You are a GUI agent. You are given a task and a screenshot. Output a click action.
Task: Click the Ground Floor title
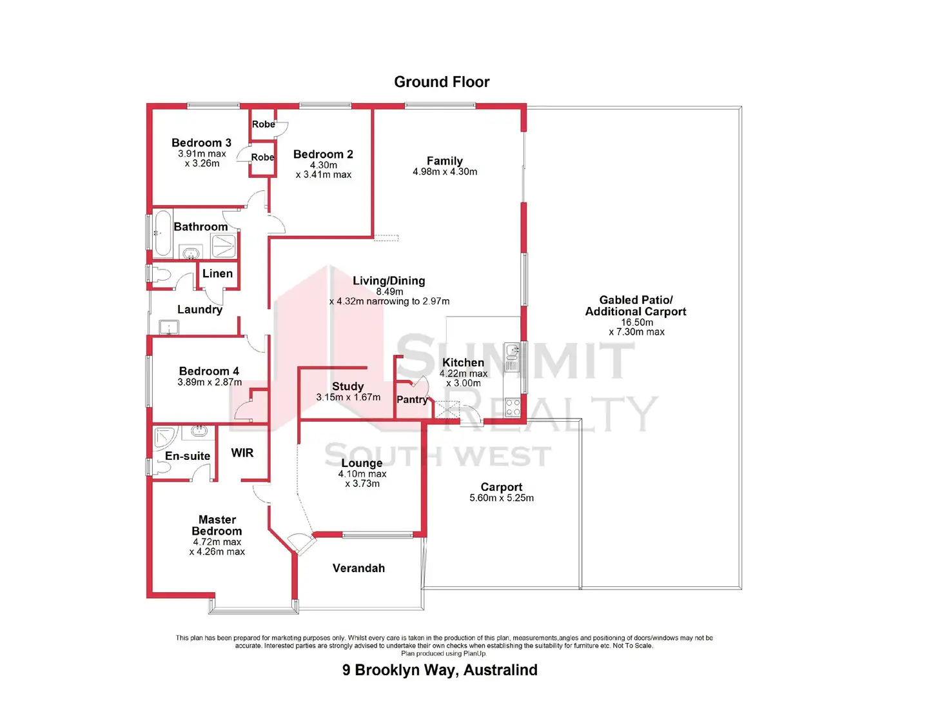[x=442, y=82]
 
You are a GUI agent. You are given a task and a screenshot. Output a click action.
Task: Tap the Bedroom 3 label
[x=201, y=143]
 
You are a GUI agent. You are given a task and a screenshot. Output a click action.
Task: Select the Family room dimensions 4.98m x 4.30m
[x=445, y=172]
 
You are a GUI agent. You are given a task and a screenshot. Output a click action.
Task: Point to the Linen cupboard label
[x=217, y=273]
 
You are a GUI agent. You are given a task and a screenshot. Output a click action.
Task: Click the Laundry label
[x=200, y=310]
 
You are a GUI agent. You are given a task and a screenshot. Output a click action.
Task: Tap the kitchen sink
[x=513, y=352]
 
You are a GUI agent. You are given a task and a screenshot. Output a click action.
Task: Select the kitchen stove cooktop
[x=513, y=407]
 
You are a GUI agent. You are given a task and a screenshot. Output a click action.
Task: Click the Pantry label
[x=412, y=400]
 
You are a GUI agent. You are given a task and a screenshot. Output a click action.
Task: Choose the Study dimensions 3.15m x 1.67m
[x=348, y=397]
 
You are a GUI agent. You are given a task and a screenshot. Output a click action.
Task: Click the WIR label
[x=242, y=453]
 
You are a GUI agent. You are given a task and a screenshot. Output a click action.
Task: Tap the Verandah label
[x=358, y=568]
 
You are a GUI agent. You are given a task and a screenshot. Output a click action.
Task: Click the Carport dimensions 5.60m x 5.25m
[x=502, y=498]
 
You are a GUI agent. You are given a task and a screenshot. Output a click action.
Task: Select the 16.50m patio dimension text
[x=636, y=322]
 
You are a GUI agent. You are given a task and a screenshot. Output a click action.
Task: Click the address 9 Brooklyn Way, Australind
[x=440, y=670]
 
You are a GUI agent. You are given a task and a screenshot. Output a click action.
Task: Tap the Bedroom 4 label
[x=209, y=371]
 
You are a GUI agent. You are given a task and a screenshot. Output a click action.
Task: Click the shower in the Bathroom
[x=224, y=245]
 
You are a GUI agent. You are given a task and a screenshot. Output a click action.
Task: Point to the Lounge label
[x=362, y=463]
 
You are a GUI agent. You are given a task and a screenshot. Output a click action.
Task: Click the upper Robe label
[x=263, y=124]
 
